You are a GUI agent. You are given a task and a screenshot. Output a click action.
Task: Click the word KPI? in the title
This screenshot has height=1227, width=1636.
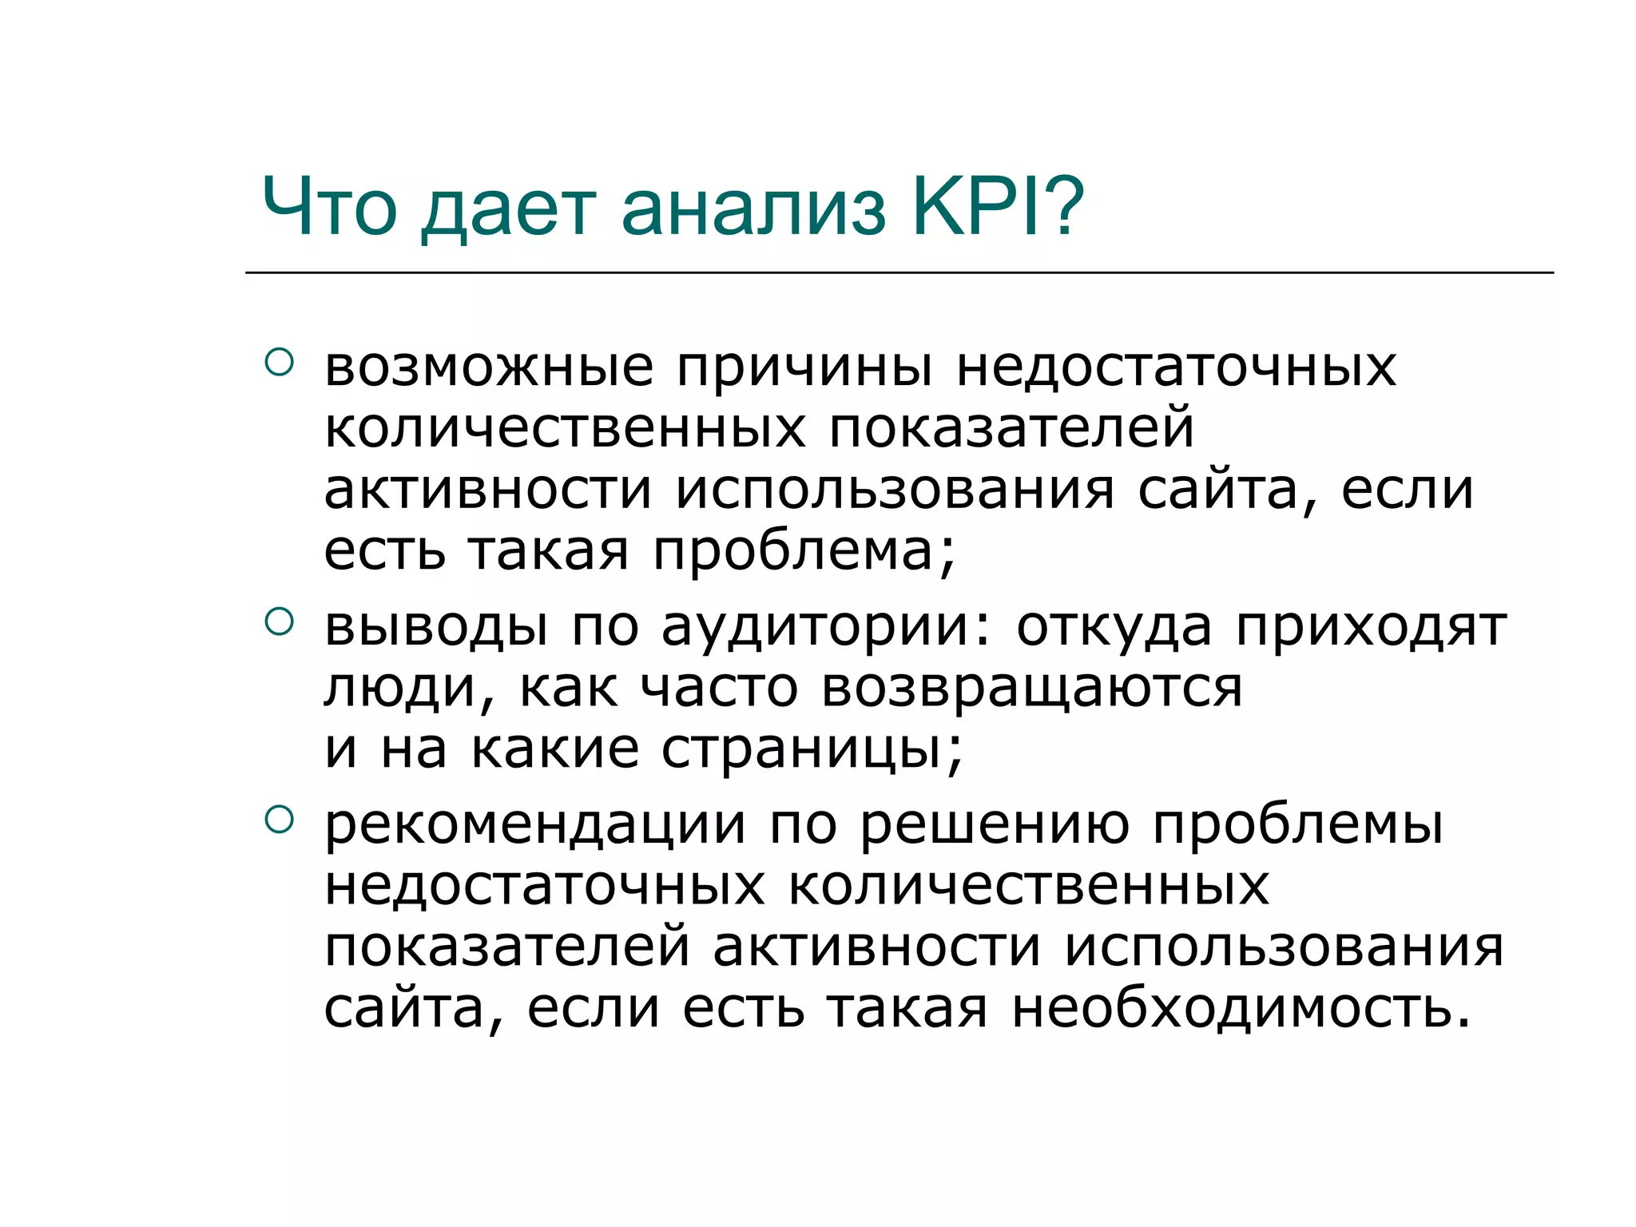pyautogui.click(x=998, y=207)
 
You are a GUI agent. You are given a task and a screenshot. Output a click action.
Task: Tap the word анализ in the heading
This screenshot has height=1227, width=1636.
pyautogui.click(x=753, y=208)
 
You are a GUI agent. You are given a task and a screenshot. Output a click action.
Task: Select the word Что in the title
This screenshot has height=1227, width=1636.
pyautogui.click(x=329, y=207)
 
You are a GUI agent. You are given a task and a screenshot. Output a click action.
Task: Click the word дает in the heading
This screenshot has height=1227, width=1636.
pyautogui.click(x=509, y=210)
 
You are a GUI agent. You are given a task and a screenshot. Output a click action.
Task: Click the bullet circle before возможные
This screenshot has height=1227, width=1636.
pyautogui.click(x=279, y=362)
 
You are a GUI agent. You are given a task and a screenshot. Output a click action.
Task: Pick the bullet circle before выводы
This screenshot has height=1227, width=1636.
pyautogui.click(x=279, y=621)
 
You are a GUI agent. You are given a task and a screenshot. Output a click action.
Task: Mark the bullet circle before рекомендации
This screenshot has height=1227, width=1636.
pyautogui.click(x=279, y=819)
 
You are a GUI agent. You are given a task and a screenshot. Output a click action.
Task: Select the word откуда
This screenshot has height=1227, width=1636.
pyautogui.click(x=1114, y=629)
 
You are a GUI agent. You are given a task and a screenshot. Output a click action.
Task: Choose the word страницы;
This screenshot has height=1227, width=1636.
pyautogui.click(x=812, y=751)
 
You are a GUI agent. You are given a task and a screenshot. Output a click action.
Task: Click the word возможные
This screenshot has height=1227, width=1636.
pyautogui.click(x=489, y=369)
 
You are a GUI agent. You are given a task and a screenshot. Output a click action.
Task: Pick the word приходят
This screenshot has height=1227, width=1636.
pyautogui.click(x=1371, y=629)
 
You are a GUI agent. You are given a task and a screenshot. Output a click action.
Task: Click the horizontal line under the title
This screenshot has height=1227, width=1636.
pyautogui.click(x=899, y=272)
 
